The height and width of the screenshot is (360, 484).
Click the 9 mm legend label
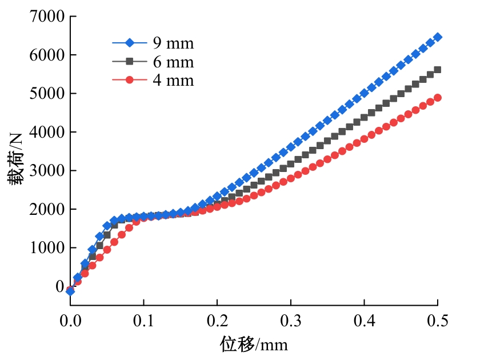click(173, 43)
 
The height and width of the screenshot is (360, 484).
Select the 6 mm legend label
click(173, 62)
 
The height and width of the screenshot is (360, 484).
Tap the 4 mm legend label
click(173, 81)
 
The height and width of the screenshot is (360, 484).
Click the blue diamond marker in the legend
click(129, 42)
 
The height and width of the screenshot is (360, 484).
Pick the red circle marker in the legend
click(129, 80)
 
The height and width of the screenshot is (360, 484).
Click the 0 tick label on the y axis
click(58, 286)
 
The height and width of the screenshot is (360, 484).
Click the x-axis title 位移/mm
click(254, 344)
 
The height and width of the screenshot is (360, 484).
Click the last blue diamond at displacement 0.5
click(438, 37)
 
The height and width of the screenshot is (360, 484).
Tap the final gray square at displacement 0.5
click(438, 70)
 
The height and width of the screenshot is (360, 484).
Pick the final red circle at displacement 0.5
click(438, 98)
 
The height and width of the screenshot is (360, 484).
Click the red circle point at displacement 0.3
click(290, 178)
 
